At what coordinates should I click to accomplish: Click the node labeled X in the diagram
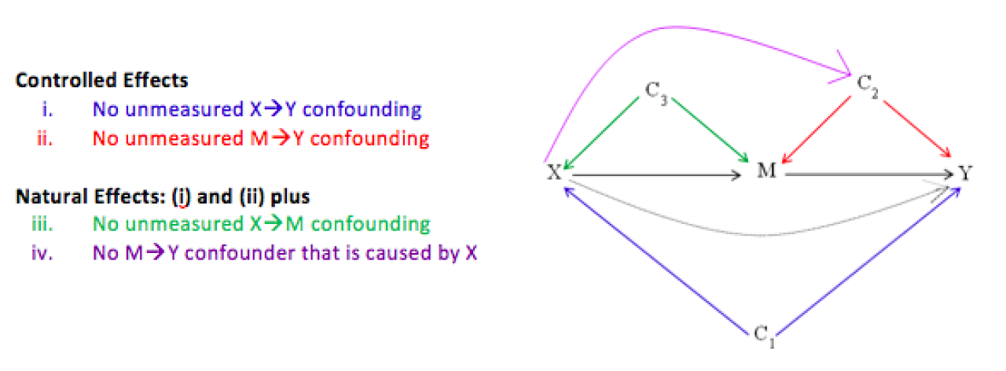pyautogui.click(x=554, y=172)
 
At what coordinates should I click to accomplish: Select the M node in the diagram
pyautogui.click(x=766, y=171)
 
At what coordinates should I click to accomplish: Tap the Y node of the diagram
pyautogui.click(x=965, y=173)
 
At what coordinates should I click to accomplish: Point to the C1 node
pyautogui.click(x=764, y=336)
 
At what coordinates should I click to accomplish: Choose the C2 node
pyautogui.click(x=867, y=86)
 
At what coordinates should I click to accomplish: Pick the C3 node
pyautogui.click(x=656, y=92)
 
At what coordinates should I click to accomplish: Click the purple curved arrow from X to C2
pyautogui.click(x=674, y=27)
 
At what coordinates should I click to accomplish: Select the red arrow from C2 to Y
pyautogui.click(x=917, y=129)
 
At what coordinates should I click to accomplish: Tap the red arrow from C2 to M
pyautogui.click(x=816, y=130)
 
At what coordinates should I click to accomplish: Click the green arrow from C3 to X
pyautogui.click(x=601, y=133)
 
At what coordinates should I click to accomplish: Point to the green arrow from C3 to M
pyautogui.click(x=710, y=130)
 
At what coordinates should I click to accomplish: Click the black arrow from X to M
pyautogui.click(x=656, y=175)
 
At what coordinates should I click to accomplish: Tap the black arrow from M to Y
pyautogui.click(x=869, y=174)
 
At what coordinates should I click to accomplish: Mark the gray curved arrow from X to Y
pyautogui.click(x=759, y=234)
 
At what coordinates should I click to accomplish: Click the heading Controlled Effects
pyautogui.click(x=102, y=80)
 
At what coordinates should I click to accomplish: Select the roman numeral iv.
pyautogui.click(x=42, y=253)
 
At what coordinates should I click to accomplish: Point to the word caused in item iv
pyautogui.click(x=396, y=253)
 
